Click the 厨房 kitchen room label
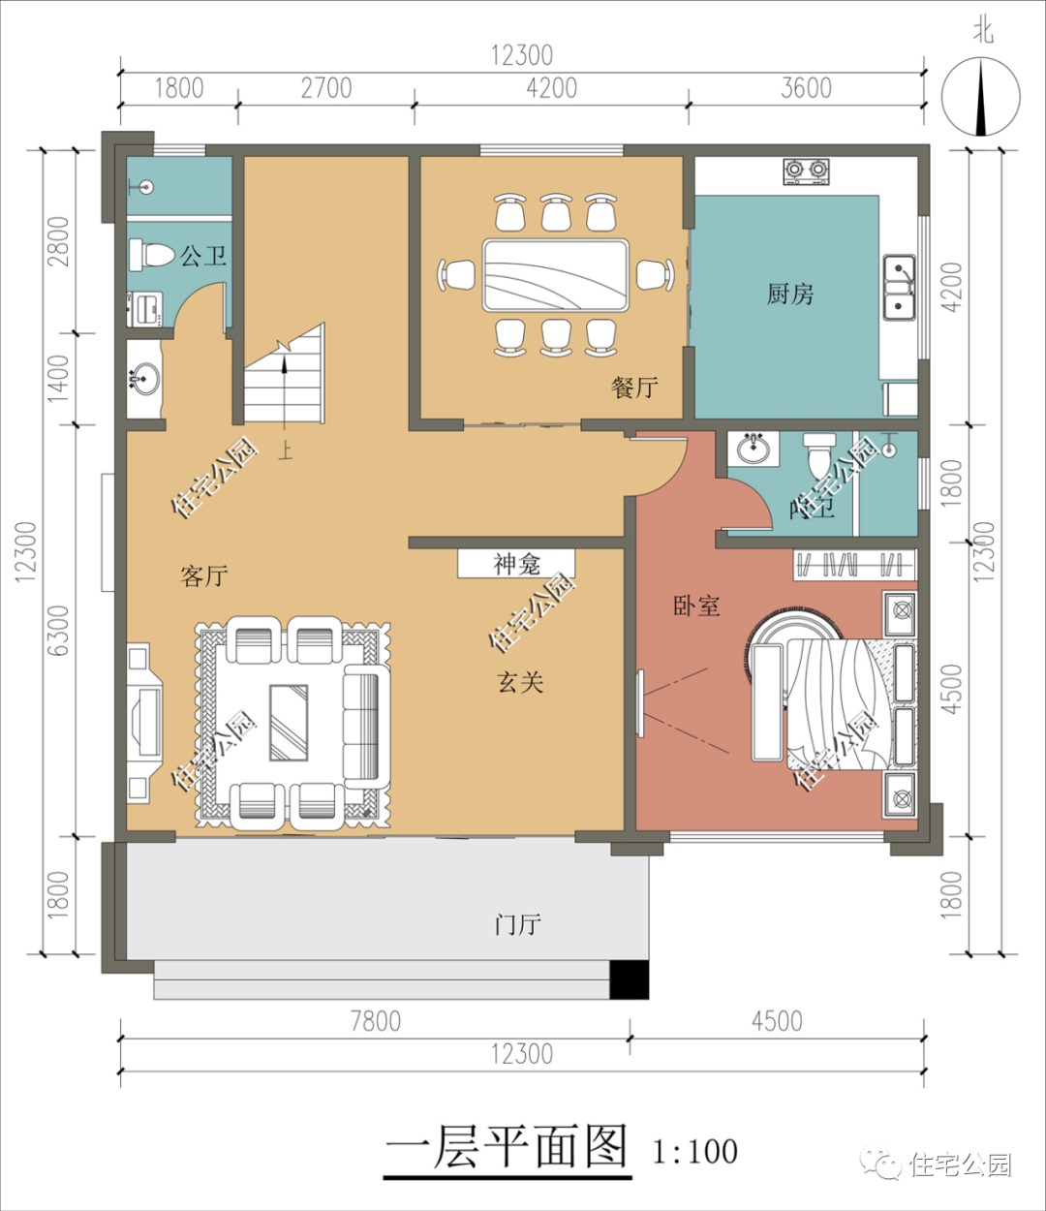tap(789, 294)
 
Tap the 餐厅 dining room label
tap(634, 388)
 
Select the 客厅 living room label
tap(204, 576)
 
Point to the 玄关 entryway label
tap(521, 682)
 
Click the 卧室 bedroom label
tap(696, 606)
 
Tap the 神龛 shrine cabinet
tap(516, 564)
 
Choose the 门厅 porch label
tap(517, 924)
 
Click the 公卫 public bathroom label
tap(203, 256)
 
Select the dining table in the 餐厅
tap(556, 275)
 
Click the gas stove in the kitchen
tap(807, 171)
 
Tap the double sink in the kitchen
tap(900, 289)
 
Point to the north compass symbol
tap(981, 97)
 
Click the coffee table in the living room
tap(289, 723)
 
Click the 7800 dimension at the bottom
tap(375, 1021)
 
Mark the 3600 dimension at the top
tap(806, 88)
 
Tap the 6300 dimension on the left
tap(59, 631)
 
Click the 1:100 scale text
tap(694, 1151)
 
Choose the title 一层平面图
tap(507, 1147)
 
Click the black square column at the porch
tap(629, 979)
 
